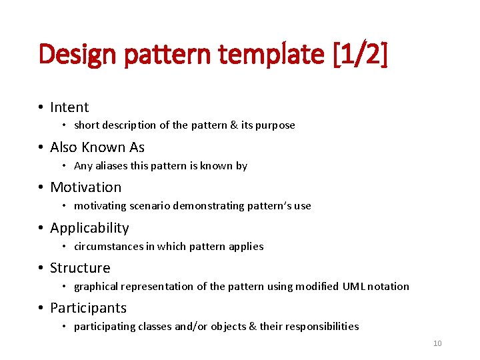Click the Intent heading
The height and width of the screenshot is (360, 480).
pyautogui.click(x=69, y=107)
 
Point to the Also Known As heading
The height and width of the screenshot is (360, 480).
pyautogui.click(x=97, y=147)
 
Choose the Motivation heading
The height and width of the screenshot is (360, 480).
pyautogui.click(x=86, y=187)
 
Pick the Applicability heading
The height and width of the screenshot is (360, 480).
pyautogui.click(x=89, y=228)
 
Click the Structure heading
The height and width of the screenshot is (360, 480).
pyautogui.click(x=80, y=268)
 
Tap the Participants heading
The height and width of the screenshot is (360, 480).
pyautogui.click(x=88, y=308)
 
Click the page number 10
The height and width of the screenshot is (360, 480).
pyautogui.click(x=437, y=343)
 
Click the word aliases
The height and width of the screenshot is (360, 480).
pyautogui.click(x=113, y=165)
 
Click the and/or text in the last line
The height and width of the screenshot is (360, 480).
pyautogui.click(x=171, y=327)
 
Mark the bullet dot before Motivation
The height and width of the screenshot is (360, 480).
pyautogui.click(x=41, y=188)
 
